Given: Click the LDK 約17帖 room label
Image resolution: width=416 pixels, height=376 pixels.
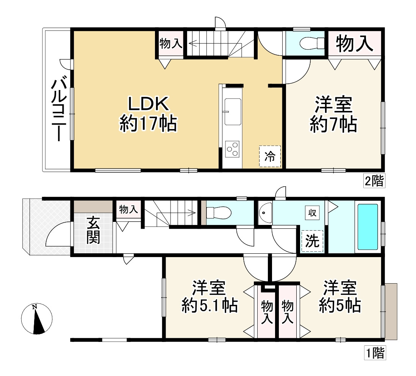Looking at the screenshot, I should click(x=148, y=114).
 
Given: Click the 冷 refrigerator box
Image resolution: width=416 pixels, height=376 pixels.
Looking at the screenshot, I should click(x=270, y=156).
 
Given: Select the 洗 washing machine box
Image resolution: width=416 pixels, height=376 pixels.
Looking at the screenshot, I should click(x=313, y=242).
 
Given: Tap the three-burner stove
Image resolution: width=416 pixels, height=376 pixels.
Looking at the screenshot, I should click(x=232, y=148).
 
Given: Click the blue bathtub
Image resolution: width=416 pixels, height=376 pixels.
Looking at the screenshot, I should click(x=368, y=226).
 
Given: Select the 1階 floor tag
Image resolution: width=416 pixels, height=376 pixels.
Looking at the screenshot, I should click(x=375, y=353).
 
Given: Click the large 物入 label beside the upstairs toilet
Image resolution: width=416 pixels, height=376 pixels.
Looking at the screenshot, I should click(x=354, y=44).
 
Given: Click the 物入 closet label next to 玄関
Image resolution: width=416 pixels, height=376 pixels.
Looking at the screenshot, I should click(x=129, y=209).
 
